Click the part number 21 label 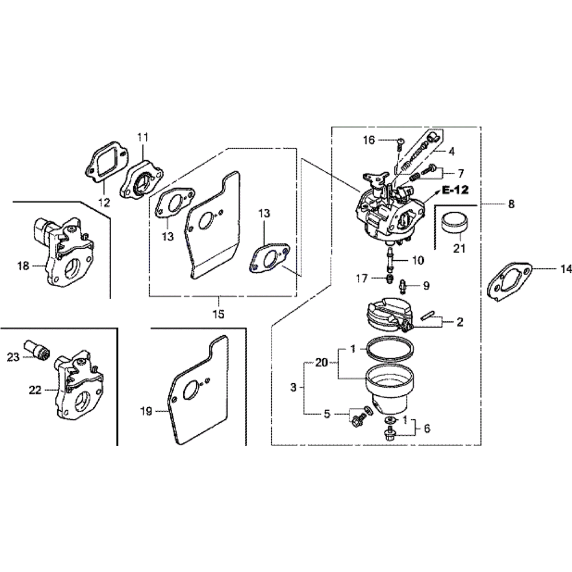point(459,249)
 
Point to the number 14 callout point(566,268)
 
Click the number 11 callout point(142,137)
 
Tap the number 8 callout point(511,204)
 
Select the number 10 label point(418,260)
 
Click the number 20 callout point(322,363)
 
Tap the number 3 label point(293,387)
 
